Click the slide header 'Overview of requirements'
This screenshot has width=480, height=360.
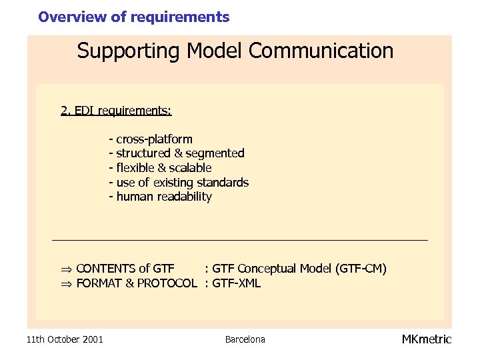click(x=133, y=17)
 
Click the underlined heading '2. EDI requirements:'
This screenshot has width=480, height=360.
click(x=116, y=110)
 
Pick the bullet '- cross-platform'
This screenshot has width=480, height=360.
click(x=151, y=139)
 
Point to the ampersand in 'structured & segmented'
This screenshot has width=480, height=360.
click(x=178, y=153)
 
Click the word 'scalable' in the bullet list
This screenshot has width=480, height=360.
click(x=190, y=168)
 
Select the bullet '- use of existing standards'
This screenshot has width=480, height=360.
click(x=179, y=183)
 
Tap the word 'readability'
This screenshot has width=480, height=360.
click(x=185, y=197)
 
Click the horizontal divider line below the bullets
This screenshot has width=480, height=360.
click(x=240, y=239)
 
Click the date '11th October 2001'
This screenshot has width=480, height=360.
click(x=65, y=340)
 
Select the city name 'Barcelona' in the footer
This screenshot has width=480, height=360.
click(x=245, y=340)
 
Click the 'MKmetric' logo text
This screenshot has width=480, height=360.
click(x=426, y=339)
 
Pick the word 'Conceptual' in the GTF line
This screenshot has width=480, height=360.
click(x=267, y=269)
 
